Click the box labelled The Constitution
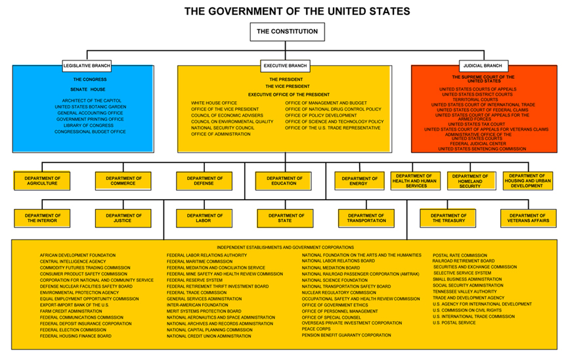pyautogui.click(x=288, y=32)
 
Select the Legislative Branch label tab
pyautogui.click(x=87, y=66)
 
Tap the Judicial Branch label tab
pyautogui.click(x=484, y=66)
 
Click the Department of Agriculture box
pyautogui.click(x=42, y=181)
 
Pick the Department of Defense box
pyautogui.click(x=204, y=181)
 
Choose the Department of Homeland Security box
pyautogui.click(x=470, y=181)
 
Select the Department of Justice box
pyautogui.click(x=123, y=218)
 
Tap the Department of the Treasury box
pyautogui.click(x=448, y=218)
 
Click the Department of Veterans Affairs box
pyautogui.click(x=529, y=218)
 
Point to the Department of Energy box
pyautogui.click(x=360, y=181)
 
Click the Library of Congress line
pyautogui.click(x=89, y=125)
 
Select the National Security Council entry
pyautogui.click(x=223, y=128)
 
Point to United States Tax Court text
pyautogui.click(x=477, y=124)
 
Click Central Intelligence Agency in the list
pyautogui.click(x=73, y=261)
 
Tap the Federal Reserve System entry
pyautogui.click(x=194, y=281)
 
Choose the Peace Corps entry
pyautogui.click(x=316, y=329)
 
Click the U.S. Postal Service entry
pyautogui.click(x=454, y=323)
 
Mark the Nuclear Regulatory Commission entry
pyautogui.click(x=339, y=292)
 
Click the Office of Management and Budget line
pyautogui.click(x=326, y=103)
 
